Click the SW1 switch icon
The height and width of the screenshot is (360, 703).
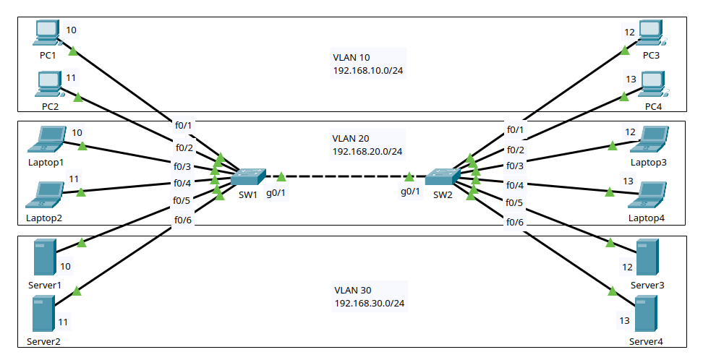click(248, 176)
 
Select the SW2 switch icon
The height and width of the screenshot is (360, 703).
click(442, 176)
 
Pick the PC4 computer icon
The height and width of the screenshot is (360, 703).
click(652, 85)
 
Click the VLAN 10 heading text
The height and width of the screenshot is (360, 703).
click(351, 57)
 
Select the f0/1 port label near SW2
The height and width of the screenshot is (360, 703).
click(515, 130)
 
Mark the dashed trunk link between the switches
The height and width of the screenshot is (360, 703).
click(345, 176)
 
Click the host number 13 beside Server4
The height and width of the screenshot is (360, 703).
click(624, 320)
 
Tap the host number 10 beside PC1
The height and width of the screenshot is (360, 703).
click(71, 30)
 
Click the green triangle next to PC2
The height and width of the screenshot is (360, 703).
click(78, 98)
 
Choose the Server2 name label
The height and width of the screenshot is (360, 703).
click(43, 340)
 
